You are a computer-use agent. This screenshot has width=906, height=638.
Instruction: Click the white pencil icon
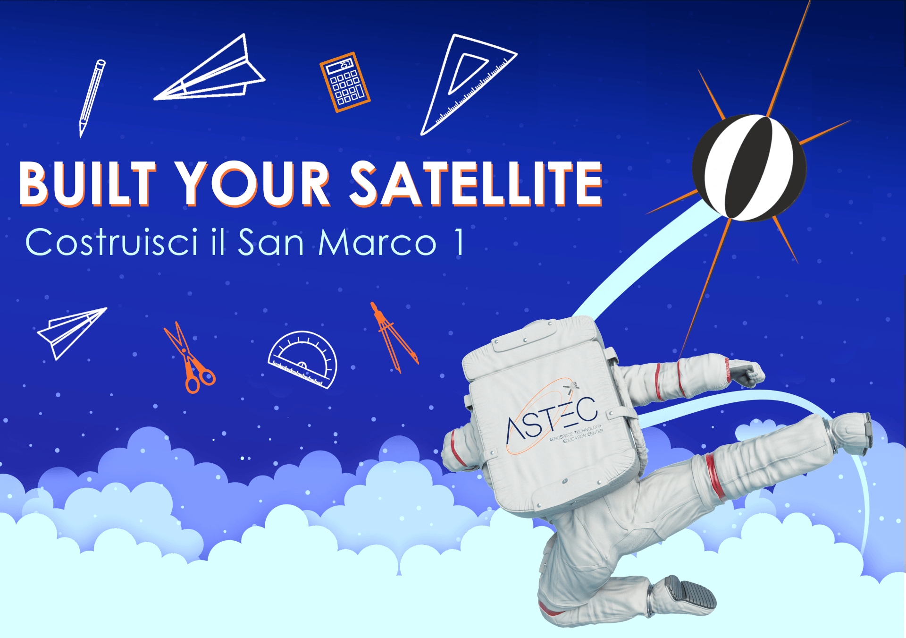coord(92,98)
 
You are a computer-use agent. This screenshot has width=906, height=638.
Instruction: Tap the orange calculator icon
coord(345,82)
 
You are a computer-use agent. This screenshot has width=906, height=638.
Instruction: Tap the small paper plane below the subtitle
coord(72,333)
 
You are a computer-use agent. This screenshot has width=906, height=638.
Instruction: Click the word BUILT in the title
coord(88,184)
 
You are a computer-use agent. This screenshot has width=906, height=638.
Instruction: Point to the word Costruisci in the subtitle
coord(111,242)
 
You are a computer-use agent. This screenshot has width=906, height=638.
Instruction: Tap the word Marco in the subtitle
coord(377,242)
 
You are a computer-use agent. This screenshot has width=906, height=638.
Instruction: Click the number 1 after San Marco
coord(459,242)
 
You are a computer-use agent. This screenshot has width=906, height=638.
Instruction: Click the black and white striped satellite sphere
coord(749,168)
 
